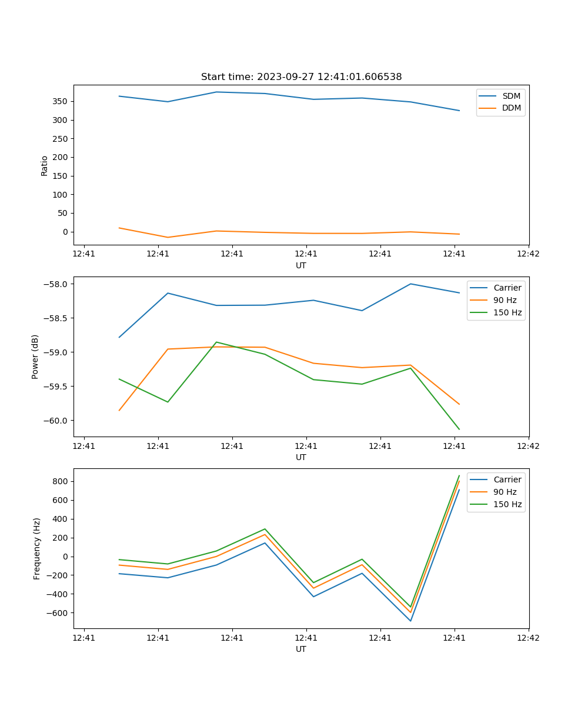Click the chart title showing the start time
[x=301, y=77]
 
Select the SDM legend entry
[x=511, y=96]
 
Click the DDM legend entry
[x=511, y=108]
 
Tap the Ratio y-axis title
[x=45, y=165]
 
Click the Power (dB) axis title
[x=35, y=357]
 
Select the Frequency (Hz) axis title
[x=37, y=548]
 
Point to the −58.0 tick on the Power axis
[x=58, y=284]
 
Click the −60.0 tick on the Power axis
[x=58, y=421]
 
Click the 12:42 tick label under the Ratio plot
[x=528, y=254]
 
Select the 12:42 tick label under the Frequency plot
[x=528, y=638]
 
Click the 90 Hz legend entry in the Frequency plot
[x=505, y=492]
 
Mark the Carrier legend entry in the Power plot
[x=507, y=288]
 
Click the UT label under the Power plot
[x=301, y=457]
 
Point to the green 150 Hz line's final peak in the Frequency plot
[x=459, y=475]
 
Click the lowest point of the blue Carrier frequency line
[x=410, y=621]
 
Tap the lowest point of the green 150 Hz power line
[x=459, y=429]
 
